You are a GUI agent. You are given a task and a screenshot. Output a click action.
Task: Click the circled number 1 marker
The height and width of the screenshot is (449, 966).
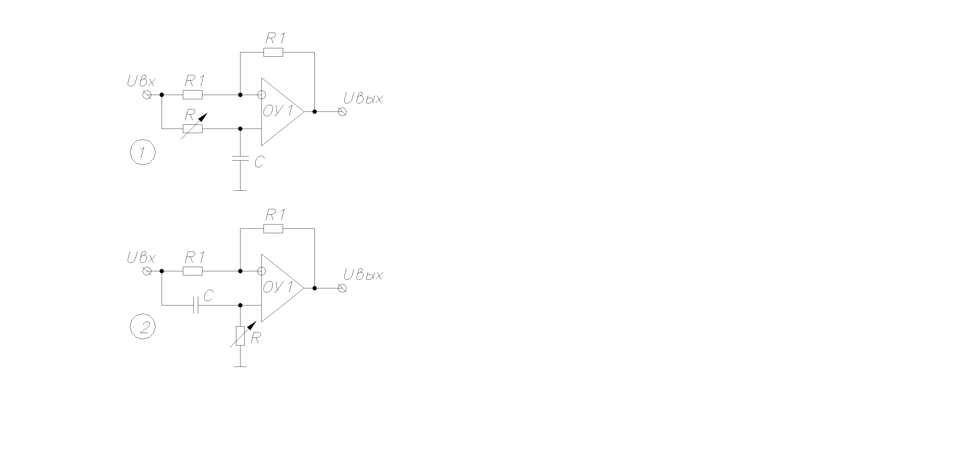point(142,153)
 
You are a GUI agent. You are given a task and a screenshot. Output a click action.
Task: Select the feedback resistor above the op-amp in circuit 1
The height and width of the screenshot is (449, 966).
point(273,52)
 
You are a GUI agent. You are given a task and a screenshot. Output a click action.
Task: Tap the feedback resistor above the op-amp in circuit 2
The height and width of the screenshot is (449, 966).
point(273,229)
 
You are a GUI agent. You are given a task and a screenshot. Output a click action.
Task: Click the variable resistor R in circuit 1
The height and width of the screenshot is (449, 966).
point(193,129)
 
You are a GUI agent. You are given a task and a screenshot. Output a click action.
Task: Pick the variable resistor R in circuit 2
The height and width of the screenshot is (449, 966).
point(240,336)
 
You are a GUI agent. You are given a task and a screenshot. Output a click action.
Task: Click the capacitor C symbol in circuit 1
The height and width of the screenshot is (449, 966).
point(240,159)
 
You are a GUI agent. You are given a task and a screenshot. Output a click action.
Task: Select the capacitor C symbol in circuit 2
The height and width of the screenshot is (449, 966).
point(195,305)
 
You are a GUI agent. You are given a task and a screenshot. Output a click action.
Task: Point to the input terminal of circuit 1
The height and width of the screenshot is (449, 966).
point(147,94)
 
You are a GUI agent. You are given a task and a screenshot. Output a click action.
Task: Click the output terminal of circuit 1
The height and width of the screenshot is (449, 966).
point(342,112)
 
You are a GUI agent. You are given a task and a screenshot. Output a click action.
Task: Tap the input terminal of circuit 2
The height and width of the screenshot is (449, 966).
point(147,271)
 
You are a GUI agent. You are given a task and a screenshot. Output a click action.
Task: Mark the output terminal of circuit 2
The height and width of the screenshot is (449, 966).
point(342,288)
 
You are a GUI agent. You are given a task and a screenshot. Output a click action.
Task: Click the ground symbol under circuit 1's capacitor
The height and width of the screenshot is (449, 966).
point(240,190)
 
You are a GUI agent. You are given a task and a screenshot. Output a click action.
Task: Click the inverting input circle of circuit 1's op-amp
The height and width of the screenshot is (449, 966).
point(262,94)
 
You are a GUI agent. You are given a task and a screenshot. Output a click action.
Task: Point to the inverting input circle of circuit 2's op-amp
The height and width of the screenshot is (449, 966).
point(262,271)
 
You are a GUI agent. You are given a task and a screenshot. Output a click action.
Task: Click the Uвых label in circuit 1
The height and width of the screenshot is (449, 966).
point(363,99)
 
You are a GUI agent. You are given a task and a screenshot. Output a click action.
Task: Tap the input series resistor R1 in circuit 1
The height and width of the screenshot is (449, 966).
point(193,94)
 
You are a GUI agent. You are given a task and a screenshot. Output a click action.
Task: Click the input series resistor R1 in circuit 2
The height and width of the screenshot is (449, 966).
point(193,271)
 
